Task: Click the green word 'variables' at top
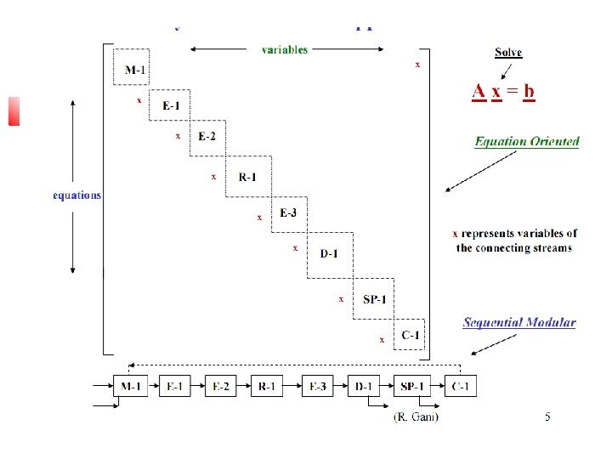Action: (285, 49)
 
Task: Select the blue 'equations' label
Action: (76, 195)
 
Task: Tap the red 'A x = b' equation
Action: (504, 90)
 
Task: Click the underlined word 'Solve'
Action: (508, 53)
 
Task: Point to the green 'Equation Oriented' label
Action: (527, 142)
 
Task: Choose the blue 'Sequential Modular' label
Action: (519, 323)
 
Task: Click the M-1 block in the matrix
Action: (133, 69)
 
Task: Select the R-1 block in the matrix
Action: (247, 177)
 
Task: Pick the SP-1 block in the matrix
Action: (375, 299)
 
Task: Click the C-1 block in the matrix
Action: (411, 335)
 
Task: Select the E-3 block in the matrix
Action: (289, 212)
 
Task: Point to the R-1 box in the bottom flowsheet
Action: (268, 387)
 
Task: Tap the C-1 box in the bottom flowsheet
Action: (462, 387)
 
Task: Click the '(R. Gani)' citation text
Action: (416, 416)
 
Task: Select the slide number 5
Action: (547, 416)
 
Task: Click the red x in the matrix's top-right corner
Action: (416, 64)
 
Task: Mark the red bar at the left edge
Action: (14, 110)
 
